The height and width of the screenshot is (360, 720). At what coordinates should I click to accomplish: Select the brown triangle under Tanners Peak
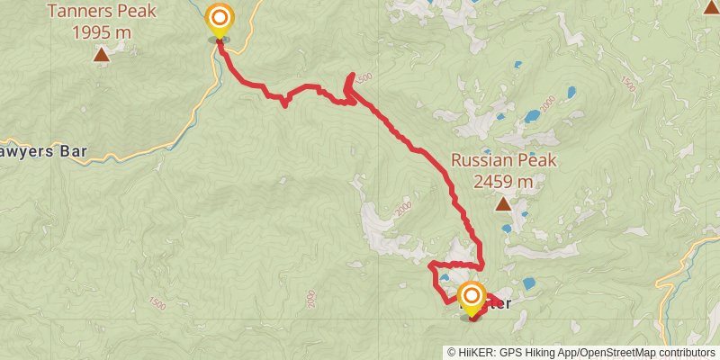(x=101, y=56)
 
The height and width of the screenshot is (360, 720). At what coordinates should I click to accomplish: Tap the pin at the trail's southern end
(x=471, y=299)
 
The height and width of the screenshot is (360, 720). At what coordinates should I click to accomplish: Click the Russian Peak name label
(x=504, y=161)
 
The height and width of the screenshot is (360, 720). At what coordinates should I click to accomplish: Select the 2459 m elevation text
(x=504, y=181)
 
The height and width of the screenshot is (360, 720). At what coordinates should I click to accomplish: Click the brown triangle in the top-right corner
(x=709, y=7)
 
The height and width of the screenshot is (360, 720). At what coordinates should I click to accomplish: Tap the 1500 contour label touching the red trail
(x=363, y=80)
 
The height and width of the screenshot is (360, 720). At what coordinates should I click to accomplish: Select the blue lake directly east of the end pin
(x=529, y=283)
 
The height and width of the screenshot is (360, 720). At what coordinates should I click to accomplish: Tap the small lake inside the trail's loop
(x=445, y=278)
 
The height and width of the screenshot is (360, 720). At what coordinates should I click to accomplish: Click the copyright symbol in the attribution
(x=453, y=352)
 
